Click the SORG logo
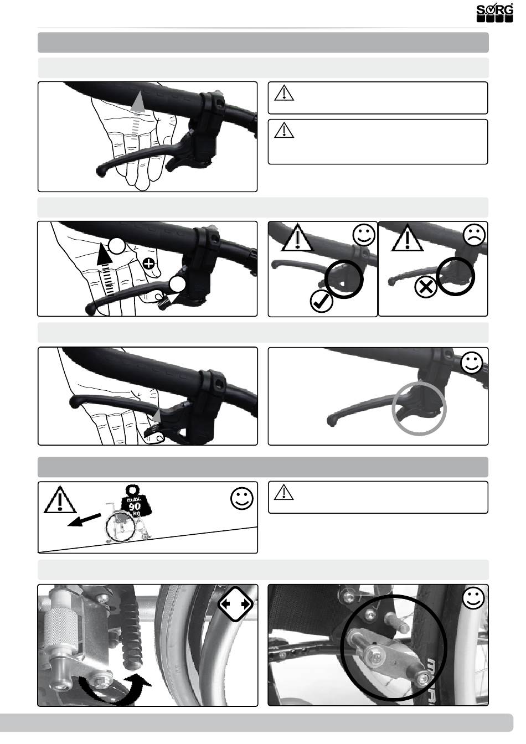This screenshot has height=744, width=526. click(x=494, y=14)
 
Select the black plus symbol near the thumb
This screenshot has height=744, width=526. click(x=148, y=264)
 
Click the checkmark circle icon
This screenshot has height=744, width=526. click(x=321, y=301)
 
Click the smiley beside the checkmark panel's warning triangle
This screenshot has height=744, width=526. click(x=364, y=235)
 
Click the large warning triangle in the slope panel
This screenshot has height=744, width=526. click(x=60, y=499)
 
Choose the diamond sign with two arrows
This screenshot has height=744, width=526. click(x=235, y=604)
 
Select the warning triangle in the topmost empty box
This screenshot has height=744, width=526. click(x=284, y=92)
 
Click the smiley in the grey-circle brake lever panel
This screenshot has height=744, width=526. click(x=472, y=362)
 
